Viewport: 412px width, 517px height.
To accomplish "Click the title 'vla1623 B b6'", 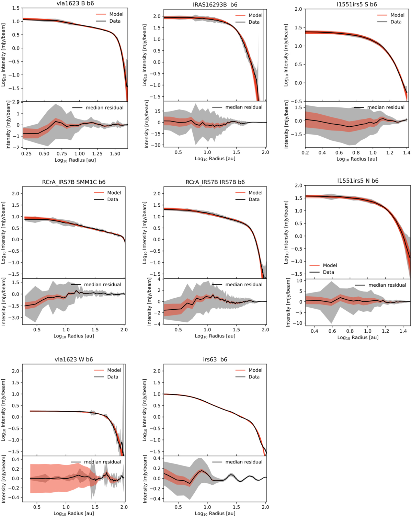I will tap(75, 3).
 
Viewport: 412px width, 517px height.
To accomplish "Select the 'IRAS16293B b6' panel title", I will tap(215, 5).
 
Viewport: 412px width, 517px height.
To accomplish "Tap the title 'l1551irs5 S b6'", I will tap(357, 4).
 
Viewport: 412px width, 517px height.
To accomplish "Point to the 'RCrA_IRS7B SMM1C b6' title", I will tap(74, 182).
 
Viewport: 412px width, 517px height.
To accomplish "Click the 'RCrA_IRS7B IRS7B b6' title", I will tap(215, 182).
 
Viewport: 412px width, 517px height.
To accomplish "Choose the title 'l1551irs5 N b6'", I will tap(358, 181).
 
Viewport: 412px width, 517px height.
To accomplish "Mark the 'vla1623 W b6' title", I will tap(75, 359).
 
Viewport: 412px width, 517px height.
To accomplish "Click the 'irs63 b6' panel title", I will tap(215, 359).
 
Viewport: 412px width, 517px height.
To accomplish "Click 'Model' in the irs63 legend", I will tap(255, 370).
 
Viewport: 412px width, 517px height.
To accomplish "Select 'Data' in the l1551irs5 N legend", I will tap(328, 272).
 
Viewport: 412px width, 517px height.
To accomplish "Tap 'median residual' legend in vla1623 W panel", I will tap(102, 462).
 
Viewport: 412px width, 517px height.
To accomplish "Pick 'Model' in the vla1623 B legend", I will tap(116, 14).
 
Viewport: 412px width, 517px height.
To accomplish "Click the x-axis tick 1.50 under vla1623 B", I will tap(115, 154).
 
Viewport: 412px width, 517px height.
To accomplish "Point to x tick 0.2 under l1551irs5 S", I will tap(305, 153).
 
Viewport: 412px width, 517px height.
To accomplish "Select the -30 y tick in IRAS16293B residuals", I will tap(157, 145).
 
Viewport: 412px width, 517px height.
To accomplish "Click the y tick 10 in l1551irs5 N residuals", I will tap(299, 281).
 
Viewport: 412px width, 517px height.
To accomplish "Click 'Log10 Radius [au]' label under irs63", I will tap(215, 514).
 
